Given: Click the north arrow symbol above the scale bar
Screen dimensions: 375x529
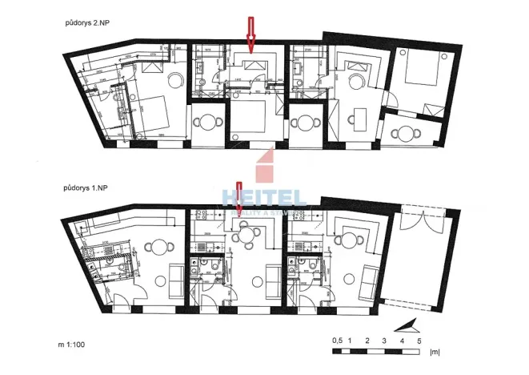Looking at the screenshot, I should pyautogui.click(x=408, y=325).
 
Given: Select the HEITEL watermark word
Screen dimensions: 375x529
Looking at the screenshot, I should pyautogui.click(x=264, y=197).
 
